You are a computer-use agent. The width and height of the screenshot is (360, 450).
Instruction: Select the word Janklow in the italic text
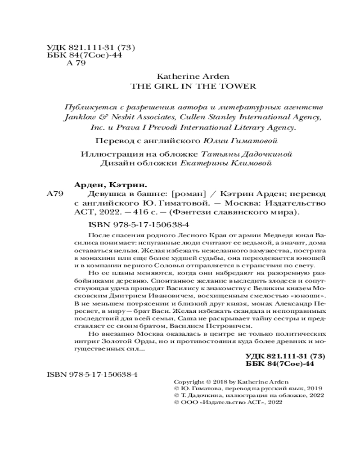click(x=81, y=118)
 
